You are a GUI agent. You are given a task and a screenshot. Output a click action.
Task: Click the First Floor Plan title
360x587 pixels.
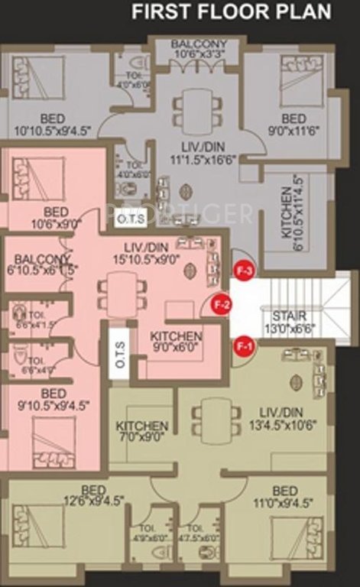pyautogui.click(x=232, y=12)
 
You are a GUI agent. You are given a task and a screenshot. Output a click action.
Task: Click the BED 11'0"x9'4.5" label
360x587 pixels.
pyautogui.click(x=284, y=496)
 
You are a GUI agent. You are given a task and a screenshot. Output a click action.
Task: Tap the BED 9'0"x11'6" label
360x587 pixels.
pyautogui.click(x=294, y=125)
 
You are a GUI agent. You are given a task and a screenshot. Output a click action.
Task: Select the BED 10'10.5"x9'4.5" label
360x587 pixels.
pyautogui.click(x=53, y=125)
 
